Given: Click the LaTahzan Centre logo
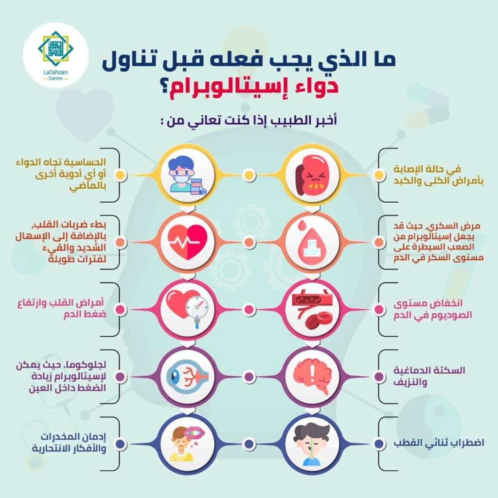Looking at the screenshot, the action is click(55, 55).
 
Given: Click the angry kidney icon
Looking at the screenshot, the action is click(313, 175).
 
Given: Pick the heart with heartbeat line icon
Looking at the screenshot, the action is click(187, 242).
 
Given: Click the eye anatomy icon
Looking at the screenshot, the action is click(187, 377).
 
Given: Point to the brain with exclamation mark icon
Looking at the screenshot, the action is click(313, 377).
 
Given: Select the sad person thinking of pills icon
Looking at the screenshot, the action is click(187, 444).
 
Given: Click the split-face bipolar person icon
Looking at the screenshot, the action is click(313, 444).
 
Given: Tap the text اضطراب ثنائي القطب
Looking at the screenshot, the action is click(439, 443).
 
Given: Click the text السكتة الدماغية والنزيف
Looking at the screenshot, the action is click(429, 376).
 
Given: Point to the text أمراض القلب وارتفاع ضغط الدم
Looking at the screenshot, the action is click(61, 308).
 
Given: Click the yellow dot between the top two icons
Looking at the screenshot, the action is click(249, 175).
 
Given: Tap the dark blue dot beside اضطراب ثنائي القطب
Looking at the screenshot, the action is click(378, 444).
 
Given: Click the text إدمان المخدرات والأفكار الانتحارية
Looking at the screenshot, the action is click(69, 443).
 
